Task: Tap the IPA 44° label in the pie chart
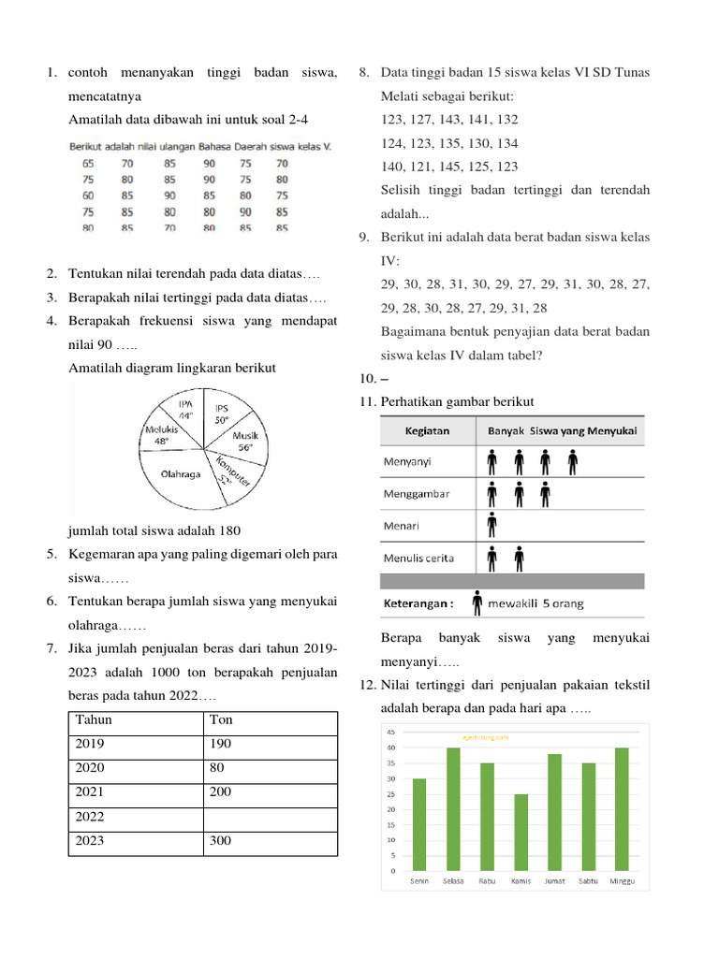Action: click(185, 409)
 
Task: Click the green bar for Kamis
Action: click(521, 832)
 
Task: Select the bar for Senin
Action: click(419, 823)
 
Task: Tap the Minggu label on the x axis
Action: click(622, 880)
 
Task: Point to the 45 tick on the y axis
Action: click(390, 733)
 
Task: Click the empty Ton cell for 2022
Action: click(270, 817)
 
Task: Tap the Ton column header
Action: click(221, 720)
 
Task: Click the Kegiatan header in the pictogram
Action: click(426, 431)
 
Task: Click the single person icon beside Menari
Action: click(492, 526)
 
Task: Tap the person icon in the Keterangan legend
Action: click(477, 602)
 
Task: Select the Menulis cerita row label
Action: click(418, 559)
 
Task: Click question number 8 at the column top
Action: click(364, 73)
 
